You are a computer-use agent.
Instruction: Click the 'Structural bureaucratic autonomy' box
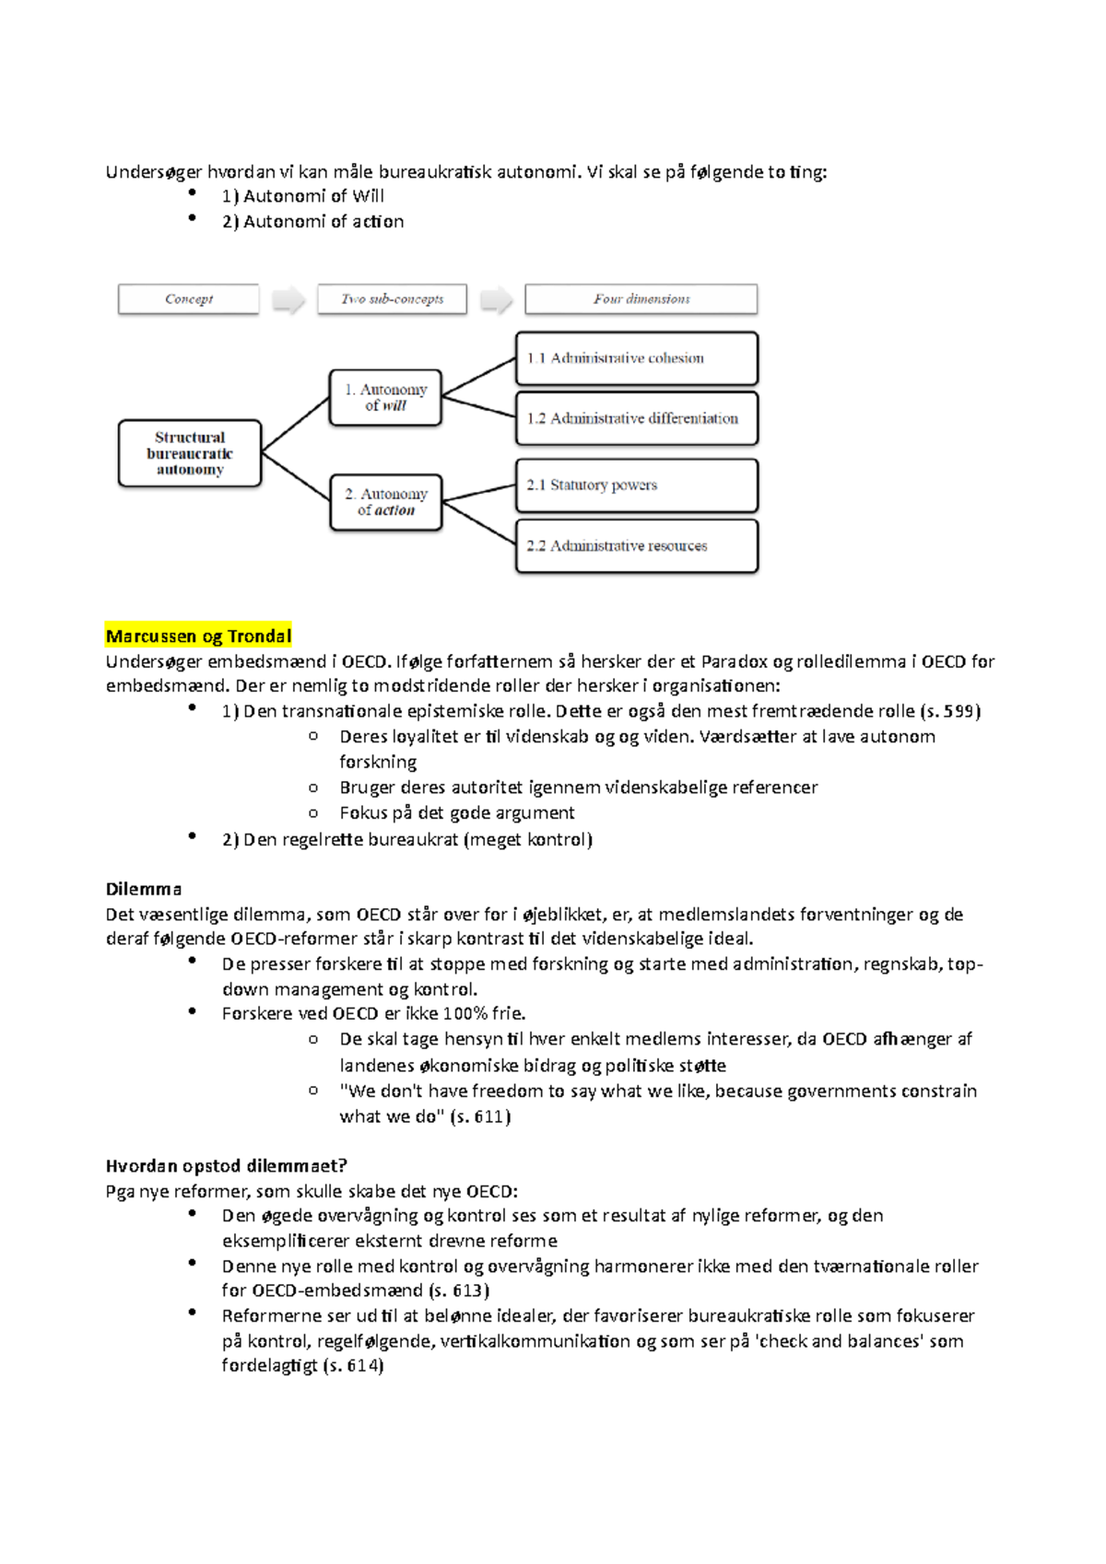click(190, 453)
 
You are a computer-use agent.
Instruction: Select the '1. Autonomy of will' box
click(385, 398)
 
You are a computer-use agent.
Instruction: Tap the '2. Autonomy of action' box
click(386, 502)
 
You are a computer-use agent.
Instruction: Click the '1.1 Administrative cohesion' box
click(637, 358)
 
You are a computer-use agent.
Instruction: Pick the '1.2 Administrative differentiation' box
click(637, 418)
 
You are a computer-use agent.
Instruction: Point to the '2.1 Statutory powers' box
click(637, 485)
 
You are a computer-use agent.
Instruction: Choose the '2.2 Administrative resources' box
click(637, 546)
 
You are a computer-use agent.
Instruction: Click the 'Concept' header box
click(189, 299)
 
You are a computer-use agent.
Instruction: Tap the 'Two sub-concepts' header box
click(392, 299)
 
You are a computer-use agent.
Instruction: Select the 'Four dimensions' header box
click(641, 299)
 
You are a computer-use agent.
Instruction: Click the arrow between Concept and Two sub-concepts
click(288, 300)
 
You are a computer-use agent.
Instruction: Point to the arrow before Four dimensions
click(497, 300)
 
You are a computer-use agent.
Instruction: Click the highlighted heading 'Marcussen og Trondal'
click(198, 636)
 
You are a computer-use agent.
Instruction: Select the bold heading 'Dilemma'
click(144, 889)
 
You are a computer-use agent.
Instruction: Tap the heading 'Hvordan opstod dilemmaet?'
click(226, 1165)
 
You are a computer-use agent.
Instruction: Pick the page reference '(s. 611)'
click(479, 1116)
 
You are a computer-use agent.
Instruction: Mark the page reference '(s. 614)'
click(352, 1365)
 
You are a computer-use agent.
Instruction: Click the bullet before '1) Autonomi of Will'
click(193, 193)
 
